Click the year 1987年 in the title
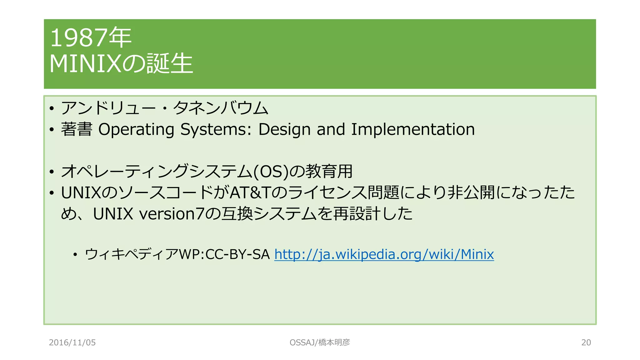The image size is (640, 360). point(91,38)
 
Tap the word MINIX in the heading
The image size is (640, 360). point(85,64)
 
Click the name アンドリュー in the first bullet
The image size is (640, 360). point(108,108)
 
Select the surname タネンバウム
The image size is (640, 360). point(221,108)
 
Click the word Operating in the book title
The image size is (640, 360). point(136,129)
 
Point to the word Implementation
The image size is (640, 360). point(413,129)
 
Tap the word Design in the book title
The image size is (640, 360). point(284,129)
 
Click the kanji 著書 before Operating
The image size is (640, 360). point(77,129)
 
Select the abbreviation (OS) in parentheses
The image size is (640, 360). point(271,172)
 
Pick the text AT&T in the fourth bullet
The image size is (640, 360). point(250,193)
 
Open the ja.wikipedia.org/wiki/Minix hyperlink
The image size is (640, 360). point(384,254)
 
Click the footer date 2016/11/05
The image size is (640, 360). point(72,342)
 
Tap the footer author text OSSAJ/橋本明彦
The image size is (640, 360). point(320,342)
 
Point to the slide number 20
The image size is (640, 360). point(586,342)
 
